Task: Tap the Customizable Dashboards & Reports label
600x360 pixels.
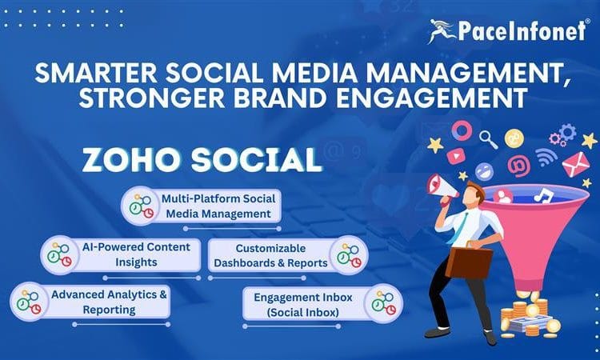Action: (270, 255)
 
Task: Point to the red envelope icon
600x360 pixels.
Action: (574, 165)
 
